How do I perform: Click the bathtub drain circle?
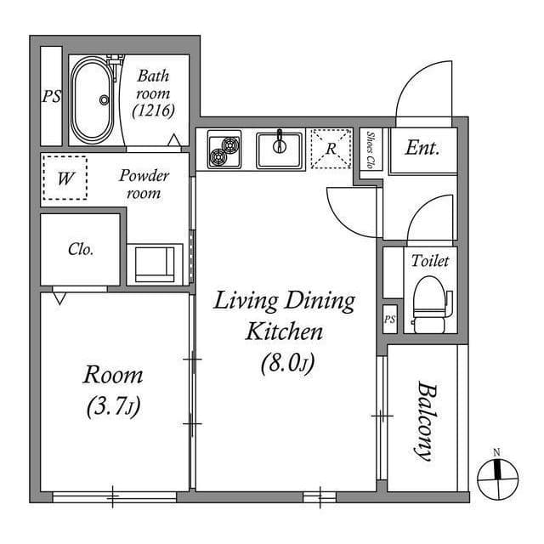click(104, 100)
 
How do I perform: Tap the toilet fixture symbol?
click(432, 304)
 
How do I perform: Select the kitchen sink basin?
click(280, 150)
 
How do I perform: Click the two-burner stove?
click(224, 150)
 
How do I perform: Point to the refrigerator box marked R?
click(331, 149)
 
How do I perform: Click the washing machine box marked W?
click(65, 178)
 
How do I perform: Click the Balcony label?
click(427, 422)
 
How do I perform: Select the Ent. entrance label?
click(422, 148)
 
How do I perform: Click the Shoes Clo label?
click(371, 150)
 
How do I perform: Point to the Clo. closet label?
click(81, 249)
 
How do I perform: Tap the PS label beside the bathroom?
click(52, 96)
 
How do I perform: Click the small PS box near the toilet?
click(390, 320)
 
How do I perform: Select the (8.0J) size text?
click(287, 364)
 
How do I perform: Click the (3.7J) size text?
click(113, 406)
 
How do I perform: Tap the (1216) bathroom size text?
click(153, 111)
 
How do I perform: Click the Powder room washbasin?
click(155, 264)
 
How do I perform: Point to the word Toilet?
click(430, 261)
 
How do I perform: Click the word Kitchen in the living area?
click(284, 331)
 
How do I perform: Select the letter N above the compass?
click(496, 453)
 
